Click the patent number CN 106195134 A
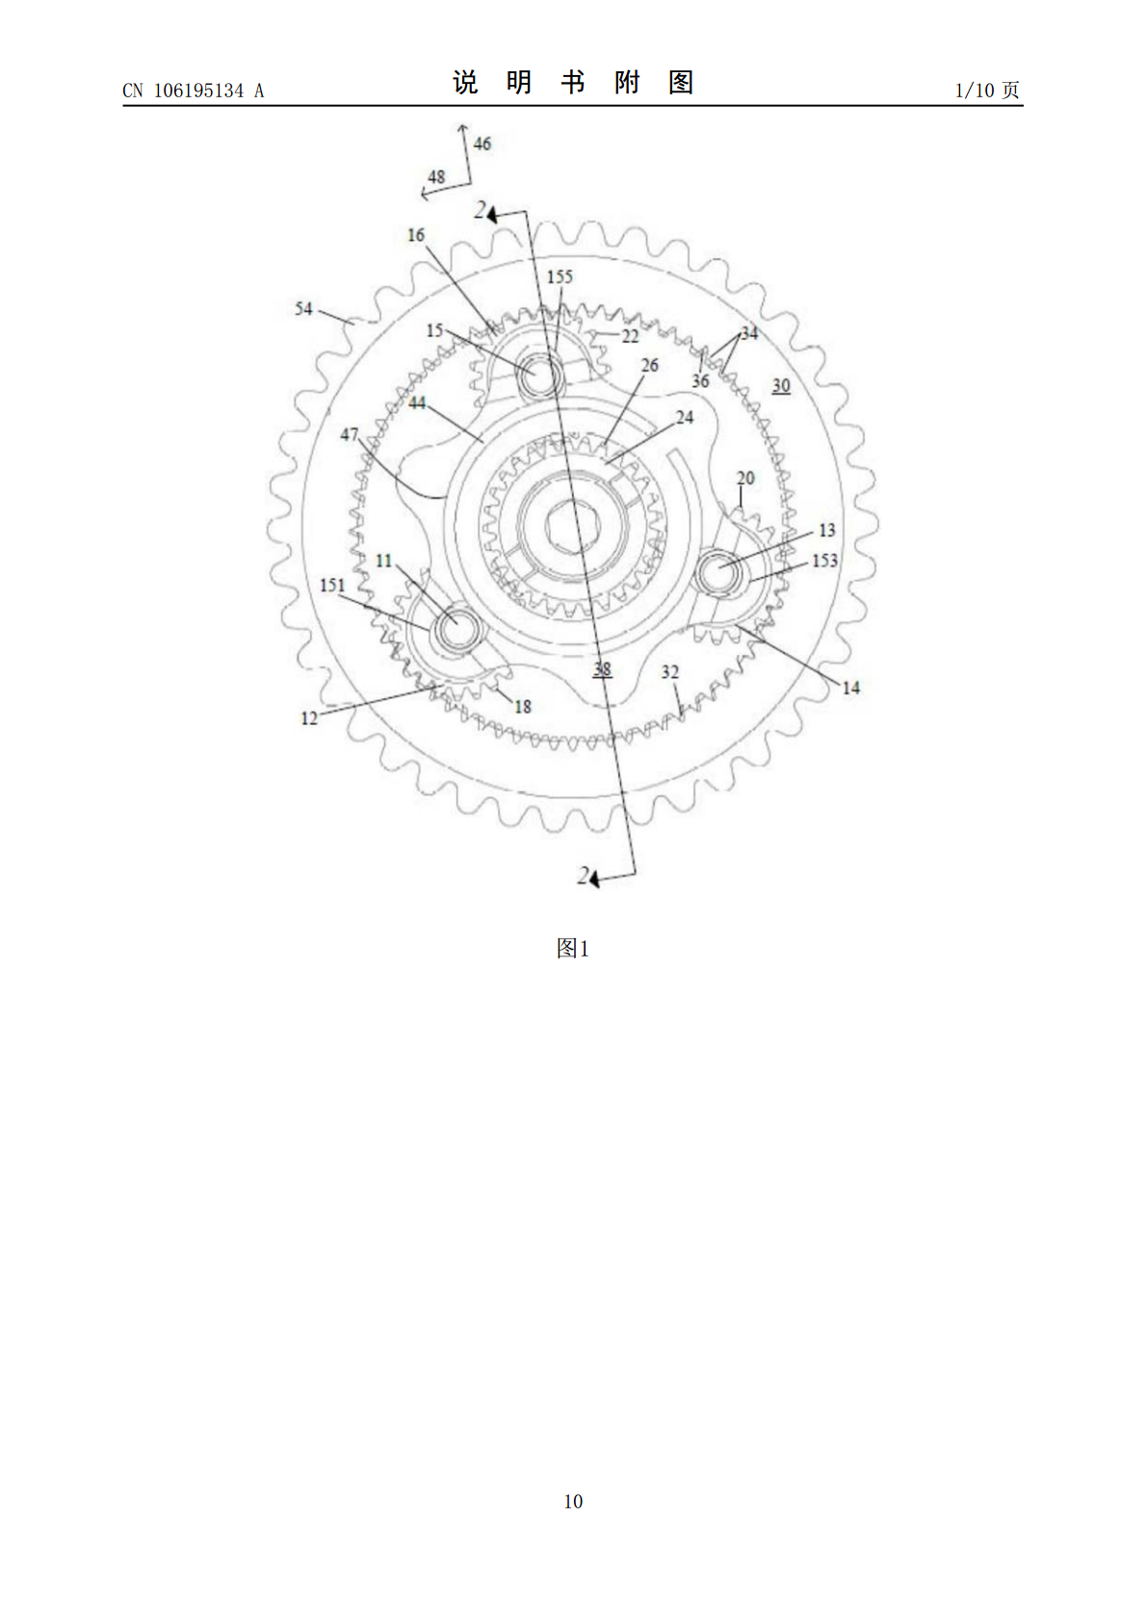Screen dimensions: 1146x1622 (193, 91)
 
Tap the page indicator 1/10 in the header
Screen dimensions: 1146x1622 (975, 91)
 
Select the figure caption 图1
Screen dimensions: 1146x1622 (573, 948)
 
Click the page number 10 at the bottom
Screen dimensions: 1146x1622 (573, 1501)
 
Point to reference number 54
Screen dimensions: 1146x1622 (303, 308)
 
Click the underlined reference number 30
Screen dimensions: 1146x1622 (781, 386)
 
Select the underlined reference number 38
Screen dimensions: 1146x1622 (602, 669)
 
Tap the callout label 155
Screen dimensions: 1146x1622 (560, 276)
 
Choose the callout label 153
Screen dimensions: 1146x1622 (824, 561)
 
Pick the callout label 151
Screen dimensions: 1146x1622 (333, 585)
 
